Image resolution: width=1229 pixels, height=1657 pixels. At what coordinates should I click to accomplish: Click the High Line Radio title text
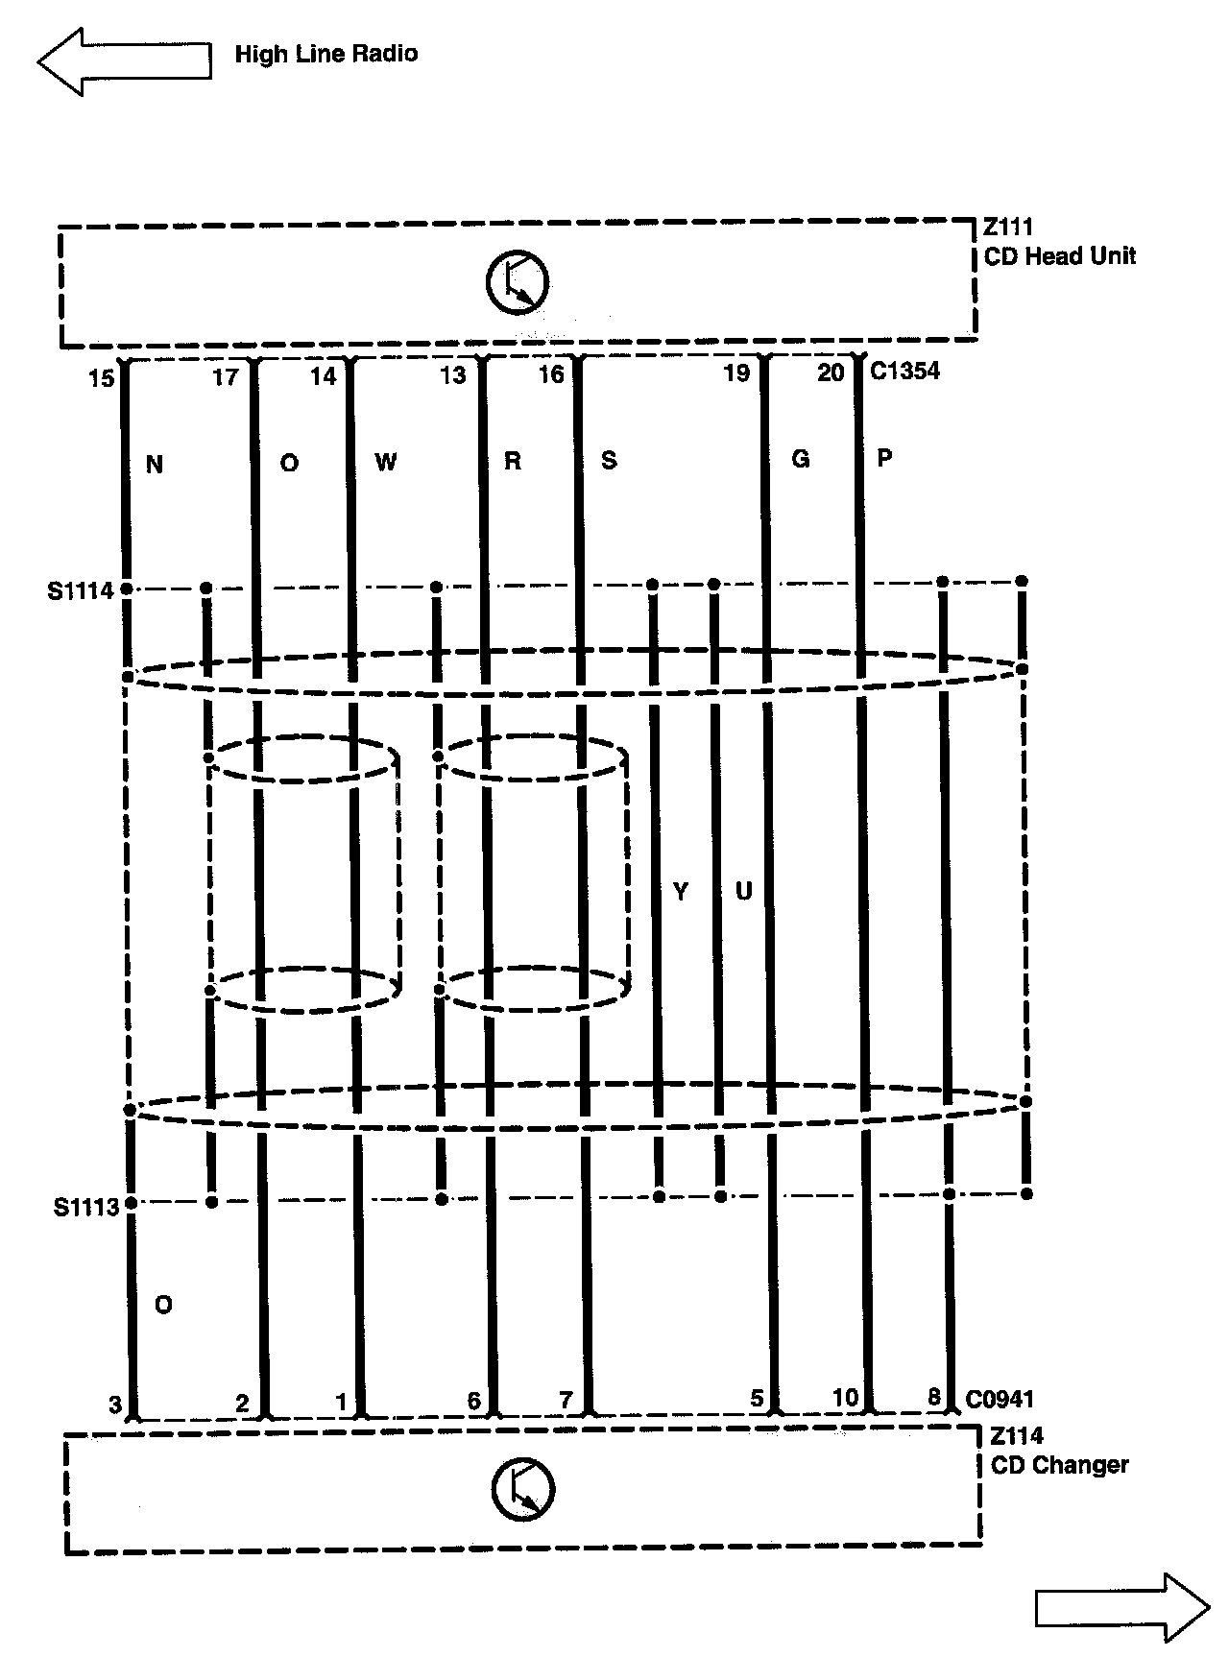[x=325, y=54]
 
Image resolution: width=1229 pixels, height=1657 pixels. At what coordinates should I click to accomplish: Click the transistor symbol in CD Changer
[x=523, y=1489]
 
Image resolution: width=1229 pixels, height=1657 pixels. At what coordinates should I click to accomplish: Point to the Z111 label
[x=1007, y=228]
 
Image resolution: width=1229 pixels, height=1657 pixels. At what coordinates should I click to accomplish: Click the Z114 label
[x=1016, y=1436]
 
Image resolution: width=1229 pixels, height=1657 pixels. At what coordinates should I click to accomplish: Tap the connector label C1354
[x=904, y=371]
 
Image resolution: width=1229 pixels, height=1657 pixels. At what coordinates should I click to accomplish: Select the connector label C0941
[x=1000, y=1399]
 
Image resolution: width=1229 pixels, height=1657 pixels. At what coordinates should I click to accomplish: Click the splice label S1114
[x=81, y=590]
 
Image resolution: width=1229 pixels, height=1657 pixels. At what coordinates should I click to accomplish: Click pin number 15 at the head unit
[x=101, y=378]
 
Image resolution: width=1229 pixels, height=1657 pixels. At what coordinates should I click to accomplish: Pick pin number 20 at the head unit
[x=831, y=372]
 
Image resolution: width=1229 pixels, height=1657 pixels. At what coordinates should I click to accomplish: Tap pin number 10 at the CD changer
[x=845, y=1397]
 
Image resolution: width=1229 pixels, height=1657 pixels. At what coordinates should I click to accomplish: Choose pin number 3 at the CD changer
[x=115, y=1405]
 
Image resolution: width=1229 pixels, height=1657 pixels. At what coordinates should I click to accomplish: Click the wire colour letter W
[x=385, y=463]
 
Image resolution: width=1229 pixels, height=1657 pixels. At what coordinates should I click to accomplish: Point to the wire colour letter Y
[x=681, y=892]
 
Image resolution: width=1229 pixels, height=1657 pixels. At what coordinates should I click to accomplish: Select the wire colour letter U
[x=743, y=892]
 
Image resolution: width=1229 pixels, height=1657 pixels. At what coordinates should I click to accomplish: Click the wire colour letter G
[x=800, y=459]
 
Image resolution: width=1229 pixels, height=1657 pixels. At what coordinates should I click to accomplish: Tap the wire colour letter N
[x=154, y=465]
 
